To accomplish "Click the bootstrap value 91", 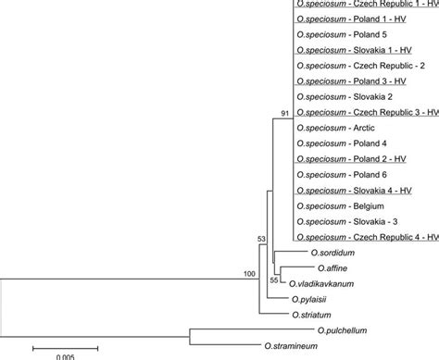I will (285, 113).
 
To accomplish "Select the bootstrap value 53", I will (262, 240).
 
